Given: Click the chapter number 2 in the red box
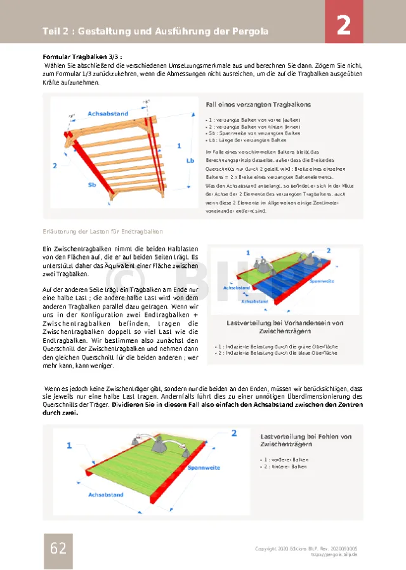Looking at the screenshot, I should pyautogui.click(x=343, y=26).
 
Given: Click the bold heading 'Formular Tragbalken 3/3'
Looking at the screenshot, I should pyautogui.click(x=82, y=56).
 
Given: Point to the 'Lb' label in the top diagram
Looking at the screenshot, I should pyautogui.click(x=190, y=161).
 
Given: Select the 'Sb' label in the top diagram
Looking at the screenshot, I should pyautogui.click(x=92, y=185).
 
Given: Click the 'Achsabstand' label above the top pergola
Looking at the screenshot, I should pyautogui.click(x=108, y=113).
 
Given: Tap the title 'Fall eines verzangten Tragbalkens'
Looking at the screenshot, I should pyautogui.click(x=258, y=104).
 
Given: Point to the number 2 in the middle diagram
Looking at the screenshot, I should pyautogui.click(x=329, y=251).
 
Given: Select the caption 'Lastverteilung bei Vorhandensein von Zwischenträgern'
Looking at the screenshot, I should pyautogui.click(x=285, y=327).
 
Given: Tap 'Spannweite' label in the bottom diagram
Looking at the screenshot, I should pyautogui.click(x=204, y=468).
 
